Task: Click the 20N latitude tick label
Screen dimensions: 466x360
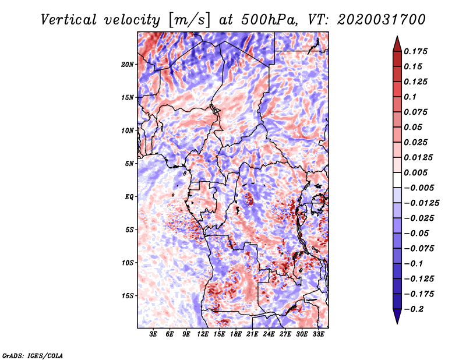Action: tap(128, 65)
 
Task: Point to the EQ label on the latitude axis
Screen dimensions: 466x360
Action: tap(129, 197)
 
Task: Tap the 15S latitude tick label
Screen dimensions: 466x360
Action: tap(128, 296)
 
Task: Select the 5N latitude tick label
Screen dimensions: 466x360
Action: tap(129, 164)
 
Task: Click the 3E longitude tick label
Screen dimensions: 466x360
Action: tap(153, 334)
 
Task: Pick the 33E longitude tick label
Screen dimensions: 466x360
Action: tap(318, 334)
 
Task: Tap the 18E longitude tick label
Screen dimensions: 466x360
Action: tap(236, 334)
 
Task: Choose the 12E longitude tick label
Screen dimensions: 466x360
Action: tap(203, 334)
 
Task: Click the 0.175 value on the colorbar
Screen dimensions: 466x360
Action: tap(415, 51)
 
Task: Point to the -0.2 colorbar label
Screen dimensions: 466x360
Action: tap(413, 309)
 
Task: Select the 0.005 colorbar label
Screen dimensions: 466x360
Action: tap(415, 172)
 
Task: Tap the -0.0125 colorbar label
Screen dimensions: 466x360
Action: tap(421, 203)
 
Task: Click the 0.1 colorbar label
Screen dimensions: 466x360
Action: tap(410, 97)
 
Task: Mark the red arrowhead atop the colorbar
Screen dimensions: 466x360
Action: tap(397, 44)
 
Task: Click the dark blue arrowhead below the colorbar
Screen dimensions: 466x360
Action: tap(397, 316)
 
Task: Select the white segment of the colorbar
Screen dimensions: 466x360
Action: tap(397, 180)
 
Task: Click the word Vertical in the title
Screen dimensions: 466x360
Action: tap(69, 20)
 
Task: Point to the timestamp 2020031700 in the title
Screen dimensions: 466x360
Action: tap(382, 20)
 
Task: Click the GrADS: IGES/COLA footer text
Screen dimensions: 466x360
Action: tap(33, 355)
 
